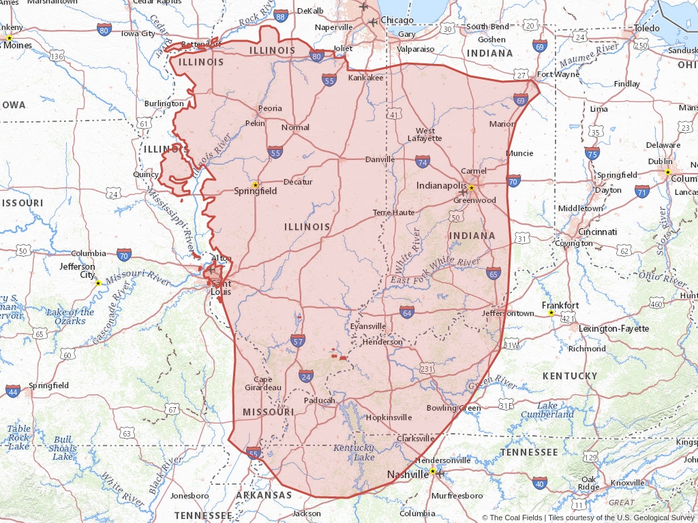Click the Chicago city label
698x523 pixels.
[397, 20]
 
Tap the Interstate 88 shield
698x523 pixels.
[281, 16]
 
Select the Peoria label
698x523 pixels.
[270, 108]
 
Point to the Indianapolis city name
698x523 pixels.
[442, 185]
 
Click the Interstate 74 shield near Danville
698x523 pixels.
[423, 161]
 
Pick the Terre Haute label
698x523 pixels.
[393, 212]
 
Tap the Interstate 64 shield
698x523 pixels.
[407, 313]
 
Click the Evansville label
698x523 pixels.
[367, 326]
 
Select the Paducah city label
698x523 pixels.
[319, 400]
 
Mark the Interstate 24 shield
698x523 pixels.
[306, 376]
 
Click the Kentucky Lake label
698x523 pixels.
[353, 452]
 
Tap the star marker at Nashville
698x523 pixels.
[432, 471]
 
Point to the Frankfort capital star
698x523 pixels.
[551, 313]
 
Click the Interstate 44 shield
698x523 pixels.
[13, 391]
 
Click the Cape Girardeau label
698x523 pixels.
[263, 383]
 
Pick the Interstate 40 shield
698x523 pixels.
[540, 484]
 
